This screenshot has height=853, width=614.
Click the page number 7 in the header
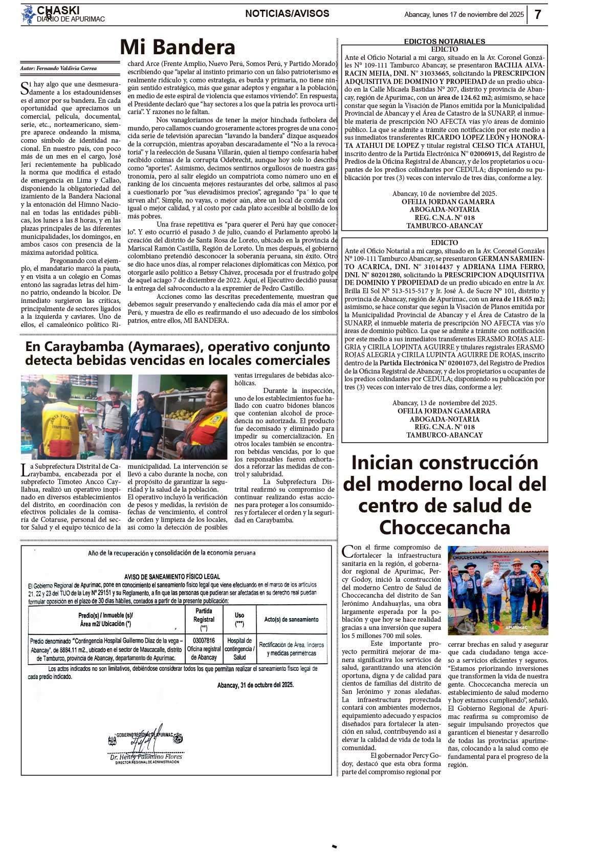[538, 14]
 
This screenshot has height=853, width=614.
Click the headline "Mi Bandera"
[177, 47]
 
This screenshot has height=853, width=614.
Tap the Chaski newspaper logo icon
[28, 14]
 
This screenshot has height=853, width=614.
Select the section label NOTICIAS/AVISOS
[287, 14]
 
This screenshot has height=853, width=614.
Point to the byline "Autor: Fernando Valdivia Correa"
[58, 68]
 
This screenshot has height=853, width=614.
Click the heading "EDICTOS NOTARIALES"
[444, 41]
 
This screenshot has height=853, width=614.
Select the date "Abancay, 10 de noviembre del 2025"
[444, 193]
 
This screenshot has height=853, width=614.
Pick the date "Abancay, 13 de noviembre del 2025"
[444, 403]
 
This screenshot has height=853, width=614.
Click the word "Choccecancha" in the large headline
[444, 527]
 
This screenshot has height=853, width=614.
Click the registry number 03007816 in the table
[204, 640]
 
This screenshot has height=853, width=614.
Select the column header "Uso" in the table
[239, 615]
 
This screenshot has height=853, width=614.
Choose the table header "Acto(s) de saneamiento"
[291, 619]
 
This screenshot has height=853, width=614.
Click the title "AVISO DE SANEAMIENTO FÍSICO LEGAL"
[172, 576]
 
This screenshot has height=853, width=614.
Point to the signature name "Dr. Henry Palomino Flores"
[146, 756]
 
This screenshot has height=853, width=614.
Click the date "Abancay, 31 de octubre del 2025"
[255, 685]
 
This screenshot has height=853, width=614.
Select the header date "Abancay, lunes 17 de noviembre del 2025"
[464, 14]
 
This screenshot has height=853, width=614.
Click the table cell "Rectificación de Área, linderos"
[291, 645]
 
